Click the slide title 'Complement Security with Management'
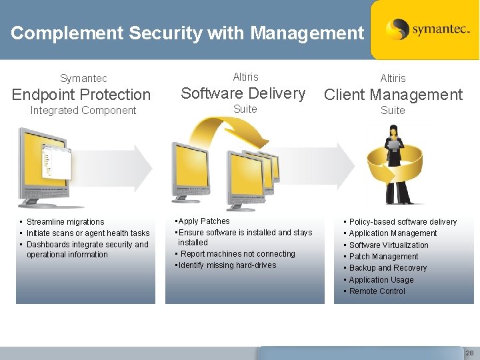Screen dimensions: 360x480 (187, 33)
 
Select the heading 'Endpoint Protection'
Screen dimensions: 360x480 (81, 95)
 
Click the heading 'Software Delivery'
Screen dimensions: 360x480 (243, 93)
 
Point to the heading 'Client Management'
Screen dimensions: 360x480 (393, 95)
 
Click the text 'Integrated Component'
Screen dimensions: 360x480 (83, 111)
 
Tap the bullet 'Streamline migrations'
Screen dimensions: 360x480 (65, 222)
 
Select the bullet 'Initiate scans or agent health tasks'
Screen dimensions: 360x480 (88, 233)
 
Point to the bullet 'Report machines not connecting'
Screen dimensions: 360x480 (237, 254)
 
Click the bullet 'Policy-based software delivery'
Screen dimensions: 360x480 (403, 222)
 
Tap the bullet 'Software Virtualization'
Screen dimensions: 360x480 (389, 245)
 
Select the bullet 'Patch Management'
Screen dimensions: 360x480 (383, 257)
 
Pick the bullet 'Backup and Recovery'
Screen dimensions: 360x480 (388, 268)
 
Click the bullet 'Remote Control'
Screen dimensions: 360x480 (377, 291)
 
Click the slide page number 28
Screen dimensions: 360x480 (469, 353)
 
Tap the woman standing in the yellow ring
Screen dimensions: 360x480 (392, 163)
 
